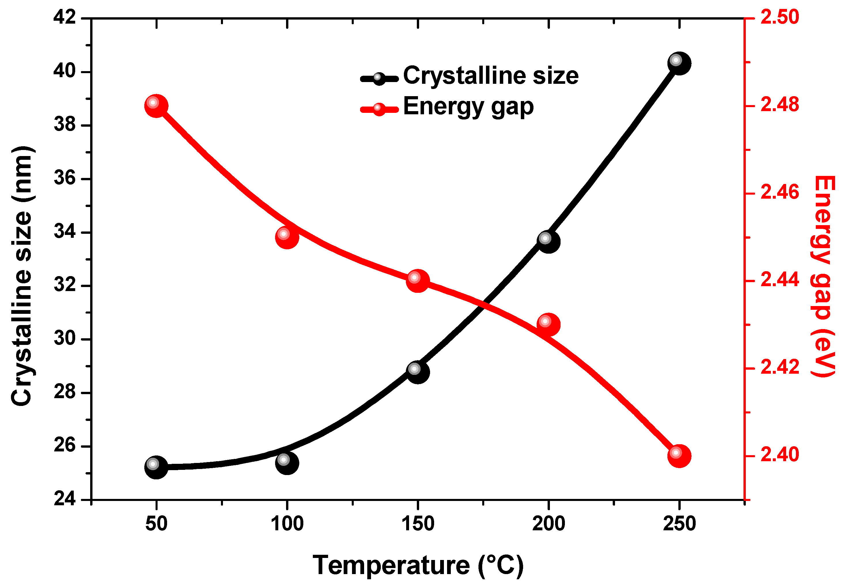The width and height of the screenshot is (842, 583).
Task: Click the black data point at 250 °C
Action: click(x=679, y=63)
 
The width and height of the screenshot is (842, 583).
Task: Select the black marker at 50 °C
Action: click(x=156, y=467)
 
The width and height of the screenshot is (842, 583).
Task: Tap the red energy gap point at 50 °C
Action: click(x=156, y=106)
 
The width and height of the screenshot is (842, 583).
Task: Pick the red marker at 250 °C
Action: click(x=679, y=456)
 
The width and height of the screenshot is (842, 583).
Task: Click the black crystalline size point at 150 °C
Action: click(x=418, y=372)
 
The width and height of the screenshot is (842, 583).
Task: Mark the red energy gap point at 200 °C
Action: click(x=548, y=324)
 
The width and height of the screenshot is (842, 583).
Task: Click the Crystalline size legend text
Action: click(x=491, y=76)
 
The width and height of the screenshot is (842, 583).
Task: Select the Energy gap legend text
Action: click(x=468, y=107)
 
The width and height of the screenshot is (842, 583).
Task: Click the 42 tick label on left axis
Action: click(x=65, y=17)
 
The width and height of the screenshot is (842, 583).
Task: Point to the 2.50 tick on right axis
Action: click(x=779, y=17)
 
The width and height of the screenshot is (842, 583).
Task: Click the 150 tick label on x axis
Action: click(x=418, y=523)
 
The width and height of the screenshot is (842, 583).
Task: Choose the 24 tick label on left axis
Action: click(x=65, y=499)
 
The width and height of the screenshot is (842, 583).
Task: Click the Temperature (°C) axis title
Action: click(x=418, y=565)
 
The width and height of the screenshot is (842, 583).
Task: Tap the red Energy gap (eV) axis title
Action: click(x=823, y=276)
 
